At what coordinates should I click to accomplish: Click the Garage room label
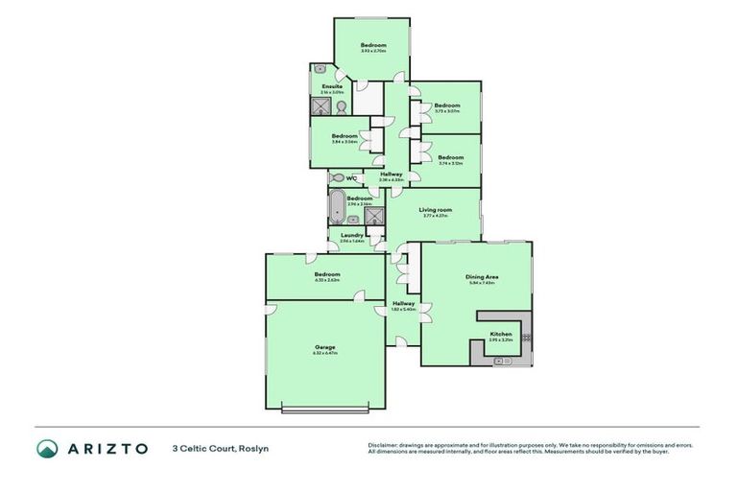pos(324,346)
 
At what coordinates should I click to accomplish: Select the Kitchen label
pos(501,334)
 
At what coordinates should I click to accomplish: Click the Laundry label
pos(351,235)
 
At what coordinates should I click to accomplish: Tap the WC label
pos(352,177)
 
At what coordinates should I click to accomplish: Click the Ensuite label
pos(332,86)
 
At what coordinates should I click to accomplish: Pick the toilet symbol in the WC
pos(336,177)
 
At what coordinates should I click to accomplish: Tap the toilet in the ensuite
pos(340,106)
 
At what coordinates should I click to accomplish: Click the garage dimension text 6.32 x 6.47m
pos(324,353)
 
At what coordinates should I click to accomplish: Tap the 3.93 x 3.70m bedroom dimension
pos(373,51)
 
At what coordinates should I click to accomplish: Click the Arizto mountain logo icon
pos(47,448)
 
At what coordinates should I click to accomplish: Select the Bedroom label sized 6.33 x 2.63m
pos(326,274)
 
